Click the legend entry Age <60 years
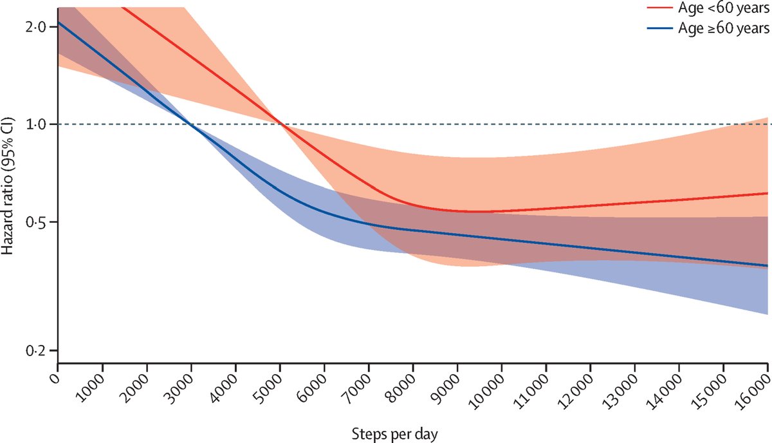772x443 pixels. [x=723, y=9]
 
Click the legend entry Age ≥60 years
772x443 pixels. [x=723, y=28]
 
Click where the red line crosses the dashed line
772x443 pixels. [x=280, y=124]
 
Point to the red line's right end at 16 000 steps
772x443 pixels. [x=767, y=193]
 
